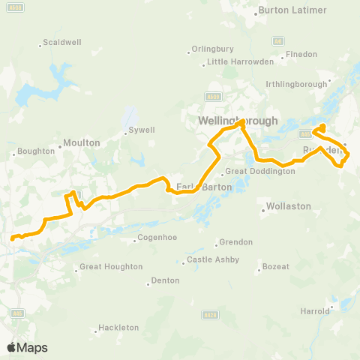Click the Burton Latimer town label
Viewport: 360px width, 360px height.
point(292,10)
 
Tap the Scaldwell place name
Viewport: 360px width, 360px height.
point(62,42)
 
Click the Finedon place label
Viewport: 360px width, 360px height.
point(302,55)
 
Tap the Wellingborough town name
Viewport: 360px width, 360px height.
point(238,121)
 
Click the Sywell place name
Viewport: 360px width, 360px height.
point(141,130)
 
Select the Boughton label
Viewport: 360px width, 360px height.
point(36,151)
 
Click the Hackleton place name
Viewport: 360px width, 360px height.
point(118,328)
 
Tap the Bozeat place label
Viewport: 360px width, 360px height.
point(278,267)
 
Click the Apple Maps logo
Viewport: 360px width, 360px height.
point(28,347)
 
